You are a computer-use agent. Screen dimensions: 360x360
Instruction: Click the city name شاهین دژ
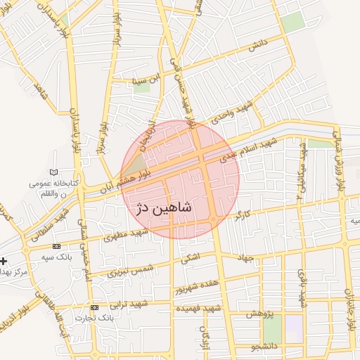(x=162, y=208)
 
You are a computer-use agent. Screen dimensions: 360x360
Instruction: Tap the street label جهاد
(x=244, y=259)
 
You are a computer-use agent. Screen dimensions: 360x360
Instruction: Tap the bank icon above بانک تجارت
(x=95, y=307)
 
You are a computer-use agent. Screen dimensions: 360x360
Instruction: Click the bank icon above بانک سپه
(x=56, y=247)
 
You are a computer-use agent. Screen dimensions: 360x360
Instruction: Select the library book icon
(x=55, y=172)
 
